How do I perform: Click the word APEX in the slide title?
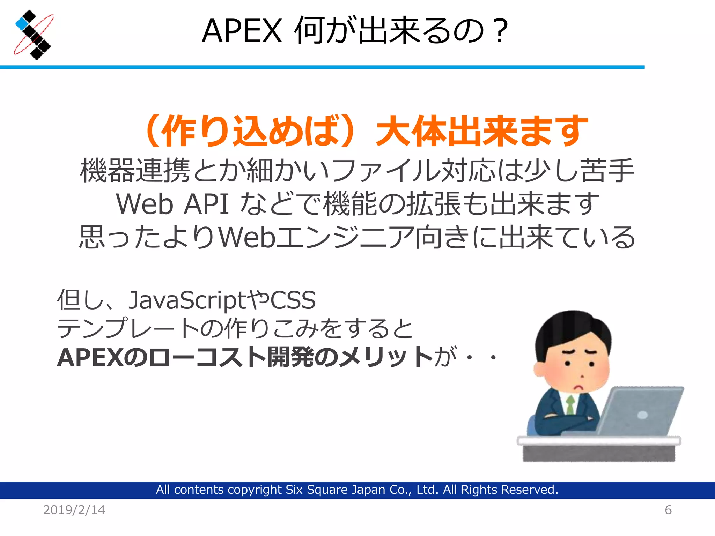[x=242, y=31]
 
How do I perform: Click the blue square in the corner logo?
[x=22, y=23]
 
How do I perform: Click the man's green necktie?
[x=570, y=405]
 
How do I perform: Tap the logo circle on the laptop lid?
[x=642, y=415]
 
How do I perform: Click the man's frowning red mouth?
[x=580, y=387]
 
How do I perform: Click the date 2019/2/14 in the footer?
[x=74, y=510]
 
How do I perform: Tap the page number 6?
[x=668, y=510]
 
